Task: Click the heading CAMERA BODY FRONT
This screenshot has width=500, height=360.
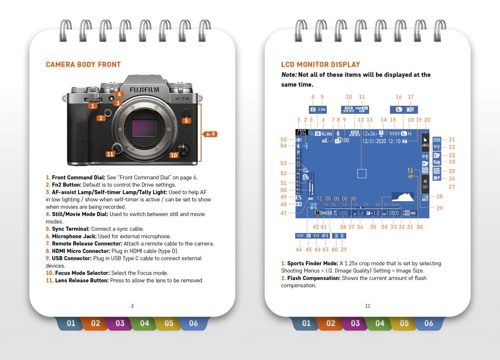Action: pos(83,64)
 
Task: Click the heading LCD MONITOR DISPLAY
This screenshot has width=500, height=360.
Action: pos(320,64)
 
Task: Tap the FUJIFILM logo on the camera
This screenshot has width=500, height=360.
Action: pos(144,90)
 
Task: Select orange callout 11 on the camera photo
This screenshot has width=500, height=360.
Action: pos(110,154)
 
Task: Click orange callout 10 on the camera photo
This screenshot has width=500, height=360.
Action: pos(173,155)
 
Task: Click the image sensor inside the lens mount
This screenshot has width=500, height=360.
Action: pos(145,128)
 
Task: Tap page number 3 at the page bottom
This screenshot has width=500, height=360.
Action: pos(132,306)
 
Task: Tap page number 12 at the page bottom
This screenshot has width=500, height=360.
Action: pos(368,306)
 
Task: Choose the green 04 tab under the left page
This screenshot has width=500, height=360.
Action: pos(145,323)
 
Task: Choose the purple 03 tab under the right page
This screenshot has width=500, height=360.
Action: pos(355,323)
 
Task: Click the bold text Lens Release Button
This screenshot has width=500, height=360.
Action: pos(78,280)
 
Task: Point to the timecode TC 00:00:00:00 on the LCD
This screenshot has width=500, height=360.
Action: pos(336,199)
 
